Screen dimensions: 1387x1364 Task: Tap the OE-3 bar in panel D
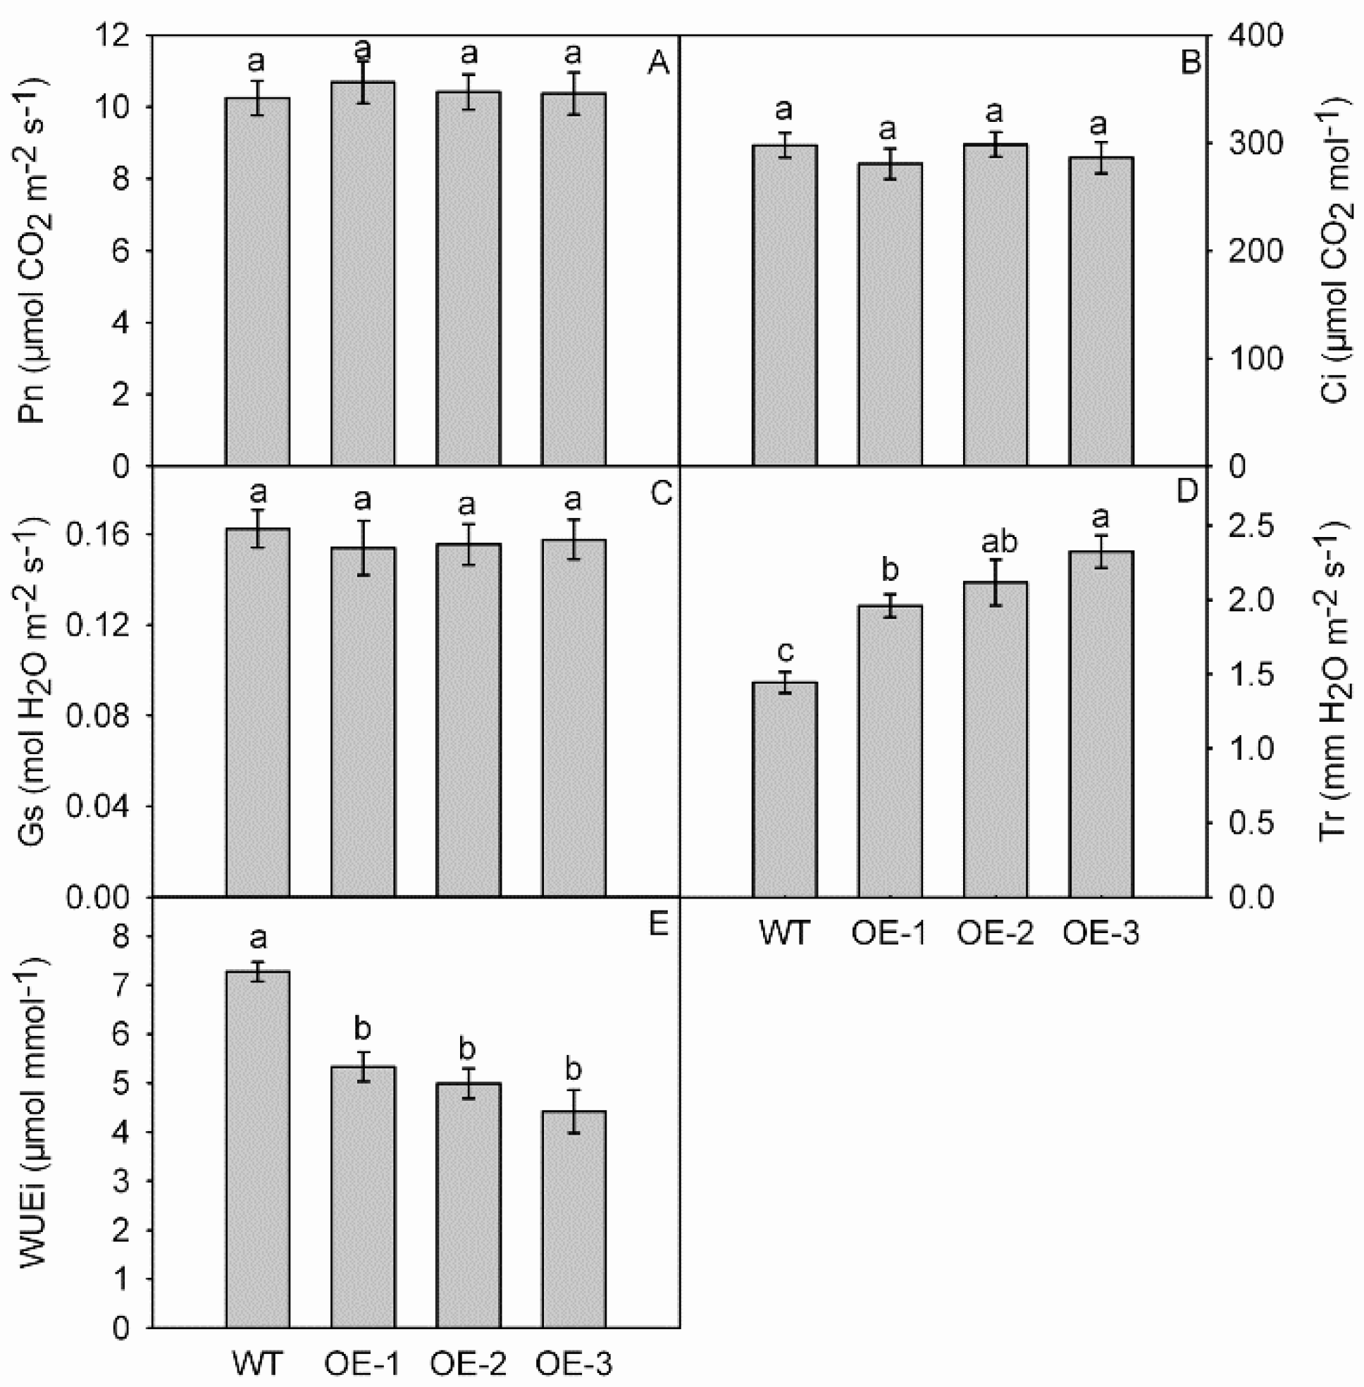[x=1100, y=724]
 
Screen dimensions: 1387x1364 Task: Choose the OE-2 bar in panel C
[x=468, y=720]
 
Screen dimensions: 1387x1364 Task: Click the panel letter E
[x=657, y=925]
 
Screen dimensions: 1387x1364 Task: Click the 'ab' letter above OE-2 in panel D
[x=996, y=543]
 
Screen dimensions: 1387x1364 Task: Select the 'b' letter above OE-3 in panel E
[x=573, y=1069]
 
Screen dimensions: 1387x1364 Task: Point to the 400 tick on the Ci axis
[x=1252, y=36]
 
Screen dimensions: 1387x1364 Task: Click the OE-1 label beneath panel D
[x=889, y=932]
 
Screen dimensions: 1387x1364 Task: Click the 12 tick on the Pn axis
[x=118, y=36]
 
